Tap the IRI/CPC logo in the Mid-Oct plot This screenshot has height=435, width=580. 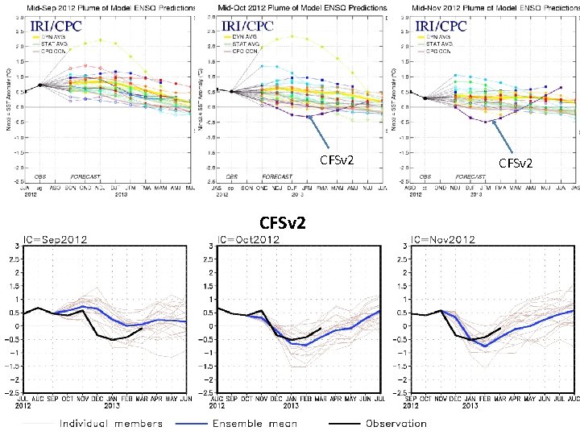pyautogui.click(x=248, y=26)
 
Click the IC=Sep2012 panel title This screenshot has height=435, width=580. pyautogui.click(x=56, y=240)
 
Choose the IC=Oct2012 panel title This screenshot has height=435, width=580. pyautogui.click(x=251, y=240)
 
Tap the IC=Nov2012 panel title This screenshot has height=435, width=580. pyautogui.click(x=443, y=240)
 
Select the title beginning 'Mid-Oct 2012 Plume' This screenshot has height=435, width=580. pyautogui.click(x=302, y=7)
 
